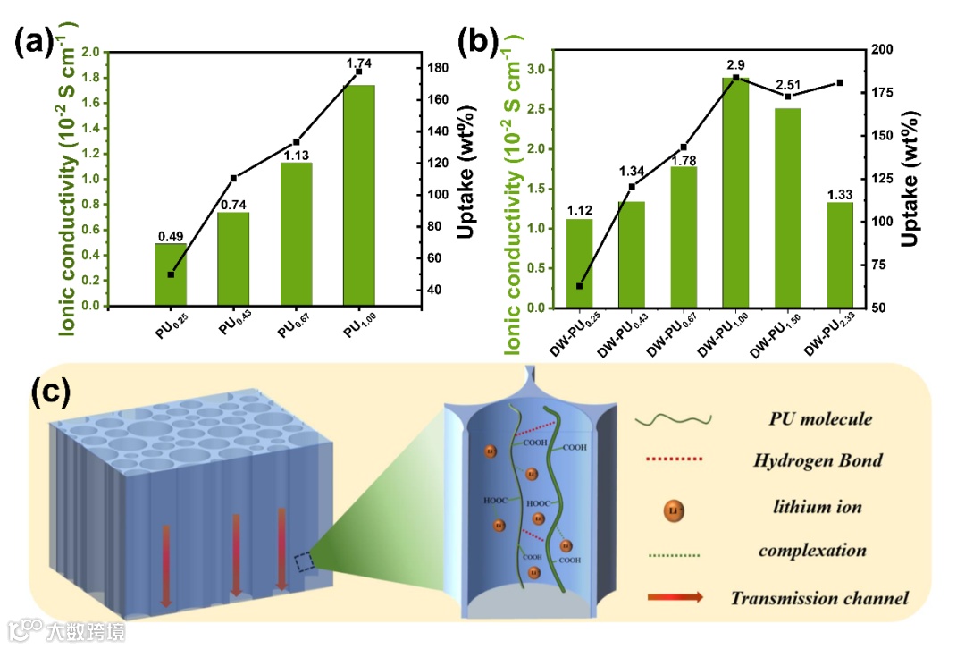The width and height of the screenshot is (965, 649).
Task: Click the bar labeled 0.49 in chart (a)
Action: pyautogui.click(x=171, y=274)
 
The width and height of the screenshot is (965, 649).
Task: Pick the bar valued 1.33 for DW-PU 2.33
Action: pyautogui.click(x=840, y=255)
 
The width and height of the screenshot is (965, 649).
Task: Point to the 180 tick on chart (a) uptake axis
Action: pyautogui.click(x=437, y=68)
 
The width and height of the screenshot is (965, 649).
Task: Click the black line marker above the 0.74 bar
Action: pyautogui.click(x=233, y=178)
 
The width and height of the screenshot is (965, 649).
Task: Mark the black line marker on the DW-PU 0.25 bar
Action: pyautogui.click(x=579, y=286)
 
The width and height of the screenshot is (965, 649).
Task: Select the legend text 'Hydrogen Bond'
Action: pyautogui.click(x=818, y=460)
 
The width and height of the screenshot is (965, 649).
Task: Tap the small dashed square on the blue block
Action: pyautogui.click(x=305, y=561)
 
